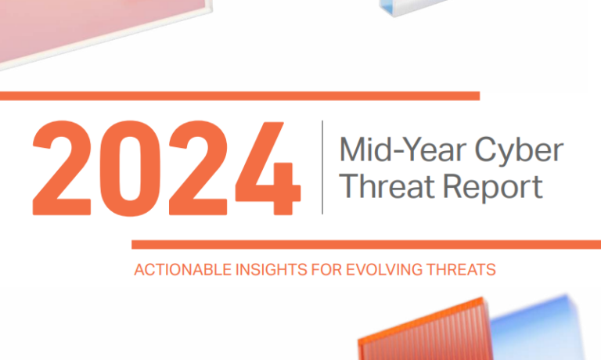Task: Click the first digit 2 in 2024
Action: (62, 168)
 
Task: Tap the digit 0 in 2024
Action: (131, 168)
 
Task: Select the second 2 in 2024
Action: (198, 168)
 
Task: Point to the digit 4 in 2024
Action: (268, 168)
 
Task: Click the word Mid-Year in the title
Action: (402, 149)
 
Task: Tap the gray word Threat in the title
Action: (388, 186)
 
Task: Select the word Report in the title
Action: (493, 188)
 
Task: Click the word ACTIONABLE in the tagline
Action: (183, 270)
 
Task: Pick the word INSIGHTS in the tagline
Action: (272, 270)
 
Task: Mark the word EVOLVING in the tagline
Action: (384, 270)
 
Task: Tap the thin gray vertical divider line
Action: (322, 167)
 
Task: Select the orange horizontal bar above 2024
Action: (240, 95)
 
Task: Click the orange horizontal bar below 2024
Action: (366, 245)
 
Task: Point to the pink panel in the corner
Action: (95, 27)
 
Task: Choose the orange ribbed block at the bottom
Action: (425, 330)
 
